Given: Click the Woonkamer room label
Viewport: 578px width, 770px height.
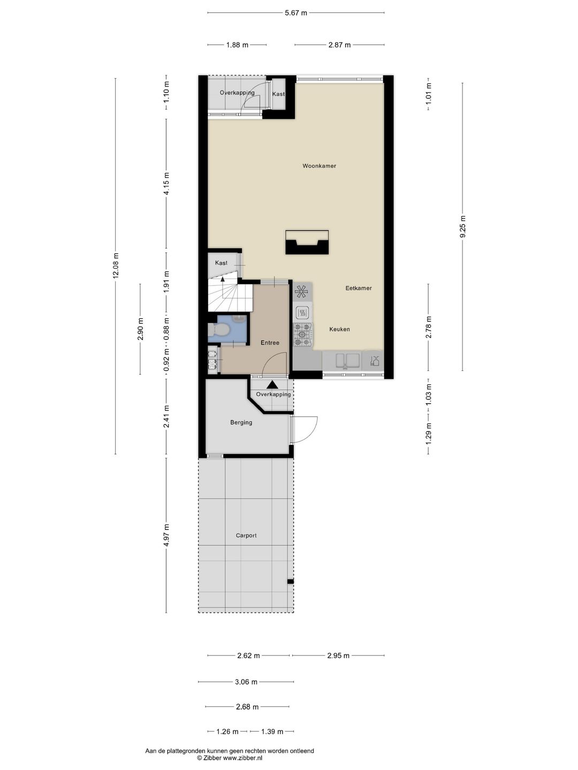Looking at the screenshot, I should (x=319, y=166).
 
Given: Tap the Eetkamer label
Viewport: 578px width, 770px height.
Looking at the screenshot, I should (x=358, y=288).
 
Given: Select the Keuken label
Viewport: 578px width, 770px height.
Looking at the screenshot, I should (x=339, y=329).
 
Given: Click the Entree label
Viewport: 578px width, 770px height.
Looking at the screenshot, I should (x=270, y=343).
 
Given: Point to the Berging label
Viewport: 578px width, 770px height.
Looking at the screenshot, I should (x=241, y=422).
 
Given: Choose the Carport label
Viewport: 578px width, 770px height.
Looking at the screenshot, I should (x=246, y=535).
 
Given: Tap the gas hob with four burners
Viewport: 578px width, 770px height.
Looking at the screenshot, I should (x=302, y=334).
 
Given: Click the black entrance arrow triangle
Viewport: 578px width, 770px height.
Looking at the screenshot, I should (x=272, y=384).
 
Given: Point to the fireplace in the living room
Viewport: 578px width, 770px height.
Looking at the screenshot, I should (x=307, y=242).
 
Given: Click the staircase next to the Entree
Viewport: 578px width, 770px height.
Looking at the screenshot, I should (x=229, y=297).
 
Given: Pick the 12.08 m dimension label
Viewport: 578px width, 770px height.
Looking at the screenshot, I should (x=116, y=266).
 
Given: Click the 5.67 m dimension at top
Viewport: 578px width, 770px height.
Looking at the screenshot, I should (x=295, y=13).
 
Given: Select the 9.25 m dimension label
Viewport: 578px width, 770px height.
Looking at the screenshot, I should (x=463, y=227).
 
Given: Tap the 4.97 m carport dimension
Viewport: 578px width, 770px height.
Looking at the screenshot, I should (x=166, y=535).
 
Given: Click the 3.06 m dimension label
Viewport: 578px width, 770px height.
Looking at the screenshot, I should (x=246, y=682).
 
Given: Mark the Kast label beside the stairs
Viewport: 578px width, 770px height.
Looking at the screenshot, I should (x=221, y=263).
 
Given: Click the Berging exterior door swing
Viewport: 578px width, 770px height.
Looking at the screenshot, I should (x=305, y=429).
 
